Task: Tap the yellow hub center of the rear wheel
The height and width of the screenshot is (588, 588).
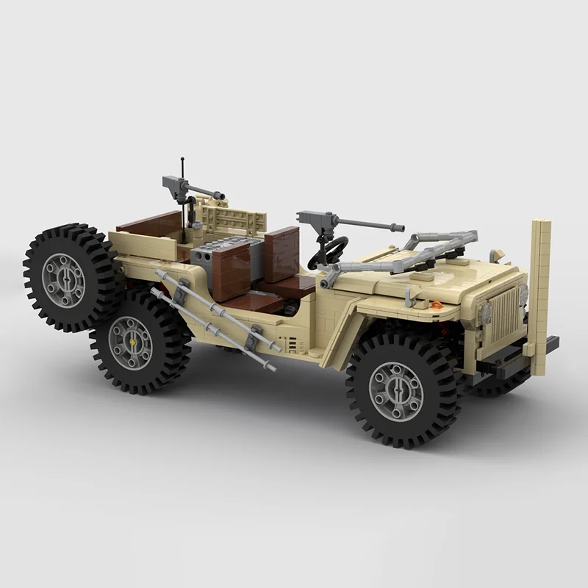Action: click(x=131, y=343)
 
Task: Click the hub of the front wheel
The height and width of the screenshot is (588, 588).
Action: click(x=395, y=391)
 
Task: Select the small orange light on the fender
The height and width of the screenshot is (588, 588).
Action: click(x=437, y=304)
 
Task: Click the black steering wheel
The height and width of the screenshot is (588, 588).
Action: click(x=328, y=253)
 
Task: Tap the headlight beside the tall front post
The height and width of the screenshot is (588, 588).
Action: click(x=523, y=295)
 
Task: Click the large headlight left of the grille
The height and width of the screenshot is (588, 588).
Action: click(x=484, y=314)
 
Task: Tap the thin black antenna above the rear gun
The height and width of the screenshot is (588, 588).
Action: click(x=182, y=165)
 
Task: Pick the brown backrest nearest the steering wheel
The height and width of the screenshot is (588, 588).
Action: click(x=282, y=254)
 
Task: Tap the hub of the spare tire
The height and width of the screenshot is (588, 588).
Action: click(x=62, y=280)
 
